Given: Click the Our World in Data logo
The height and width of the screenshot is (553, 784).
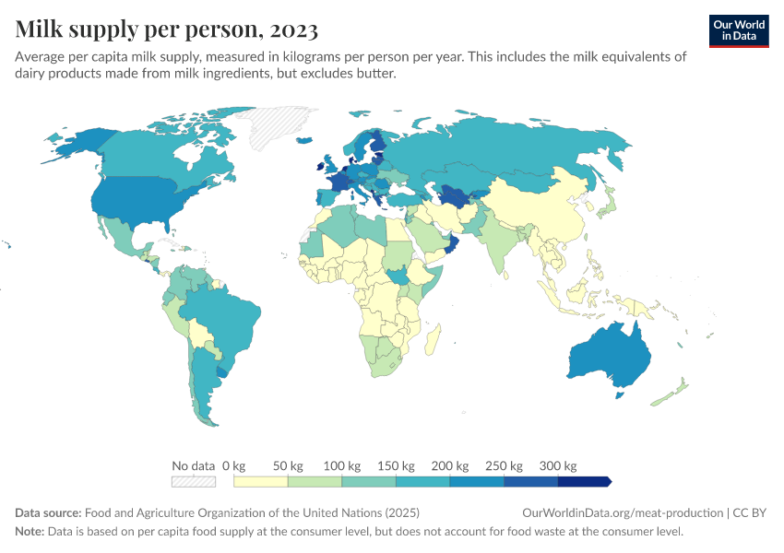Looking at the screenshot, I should [x=738, y=30].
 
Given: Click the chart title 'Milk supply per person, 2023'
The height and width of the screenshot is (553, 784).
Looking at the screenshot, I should [x=167, y=29].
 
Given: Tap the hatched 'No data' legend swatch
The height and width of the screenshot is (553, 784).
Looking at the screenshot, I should [x=193, y=481].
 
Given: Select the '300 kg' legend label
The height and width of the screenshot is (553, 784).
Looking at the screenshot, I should [x=557, y=465].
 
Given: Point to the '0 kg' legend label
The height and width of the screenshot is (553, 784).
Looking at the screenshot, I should [x=234, y=465].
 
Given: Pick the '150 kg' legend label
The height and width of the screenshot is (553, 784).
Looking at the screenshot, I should [x=396, y=465].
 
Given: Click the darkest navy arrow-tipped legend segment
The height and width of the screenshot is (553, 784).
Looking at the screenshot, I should [x=584, y=481].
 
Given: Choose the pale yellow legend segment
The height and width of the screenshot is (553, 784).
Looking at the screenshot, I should [x=261, y=481].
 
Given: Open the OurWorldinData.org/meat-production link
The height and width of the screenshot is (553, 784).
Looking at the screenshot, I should [x=622, y=512].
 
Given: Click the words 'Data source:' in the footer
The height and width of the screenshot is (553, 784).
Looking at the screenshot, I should [x=48, y=512].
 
